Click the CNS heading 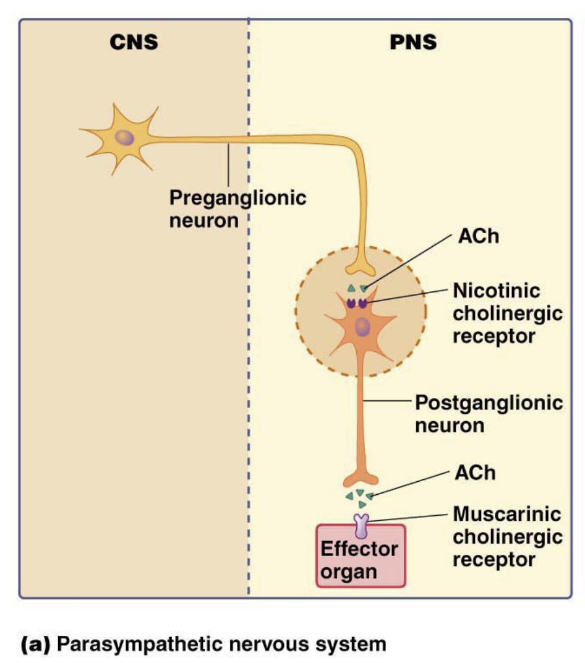tap(134, 42)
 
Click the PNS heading tap(414, 42)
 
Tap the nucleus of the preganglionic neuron tap(125, 137)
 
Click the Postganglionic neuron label tap(489, 414)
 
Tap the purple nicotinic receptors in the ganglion tap(357, 303)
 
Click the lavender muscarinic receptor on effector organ tap(361, 524)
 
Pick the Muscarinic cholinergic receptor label tap(507, 536)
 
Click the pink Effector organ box tap(361, 560)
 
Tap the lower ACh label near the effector tap(475, 473)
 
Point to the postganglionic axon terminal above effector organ tap(361, 478)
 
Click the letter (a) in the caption tap(36, 644)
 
